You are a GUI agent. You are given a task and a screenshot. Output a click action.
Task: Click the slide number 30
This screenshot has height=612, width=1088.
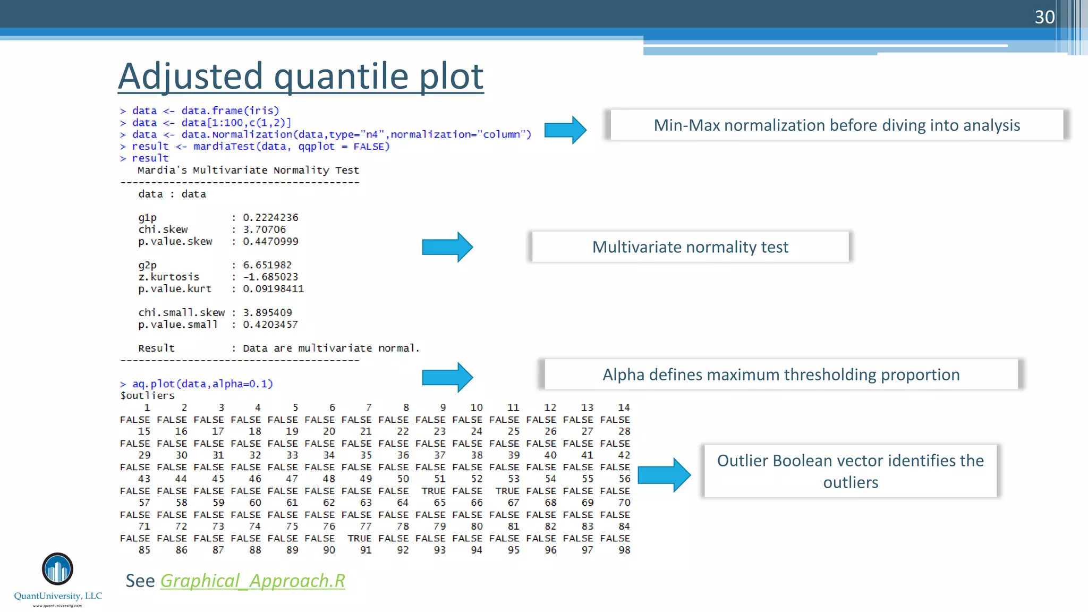point(1044,17)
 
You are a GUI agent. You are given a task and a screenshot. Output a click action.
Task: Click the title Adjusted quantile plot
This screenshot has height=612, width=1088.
point(301,76)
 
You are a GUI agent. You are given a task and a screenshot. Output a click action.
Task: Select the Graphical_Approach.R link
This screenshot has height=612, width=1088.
point(252,581)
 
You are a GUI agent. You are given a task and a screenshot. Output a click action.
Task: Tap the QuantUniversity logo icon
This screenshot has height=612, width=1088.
point(57,569)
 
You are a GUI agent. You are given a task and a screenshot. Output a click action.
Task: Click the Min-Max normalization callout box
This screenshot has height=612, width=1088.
point(836,125)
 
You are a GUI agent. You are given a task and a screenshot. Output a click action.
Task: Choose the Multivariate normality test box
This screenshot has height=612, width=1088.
point(690,247)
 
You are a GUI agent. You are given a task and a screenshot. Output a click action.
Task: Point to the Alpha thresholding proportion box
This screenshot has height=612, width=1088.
point(781,375)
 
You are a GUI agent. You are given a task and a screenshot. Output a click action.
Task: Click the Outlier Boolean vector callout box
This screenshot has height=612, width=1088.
point(850,471)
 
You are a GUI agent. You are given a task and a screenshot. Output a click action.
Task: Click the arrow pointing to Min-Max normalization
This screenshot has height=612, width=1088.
point(565,130)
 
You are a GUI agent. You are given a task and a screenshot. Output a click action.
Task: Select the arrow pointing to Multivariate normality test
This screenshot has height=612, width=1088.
point(447,247)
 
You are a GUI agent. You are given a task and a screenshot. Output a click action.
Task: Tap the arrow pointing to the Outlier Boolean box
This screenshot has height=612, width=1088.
point(664,474)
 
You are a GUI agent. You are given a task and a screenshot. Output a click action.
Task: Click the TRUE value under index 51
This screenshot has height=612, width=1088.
point(433,491)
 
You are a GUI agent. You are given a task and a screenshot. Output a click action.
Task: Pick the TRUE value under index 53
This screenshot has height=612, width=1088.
point(507,491)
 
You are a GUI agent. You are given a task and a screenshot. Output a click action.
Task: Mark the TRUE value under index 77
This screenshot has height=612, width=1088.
point(360,538)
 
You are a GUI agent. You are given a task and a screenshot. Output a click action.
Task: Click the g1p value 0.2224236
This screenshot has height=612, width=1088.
point(270,217)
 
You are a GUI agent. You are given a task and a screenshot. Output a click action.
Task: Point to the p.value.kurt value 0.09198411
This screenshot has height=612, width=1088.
point(273,289)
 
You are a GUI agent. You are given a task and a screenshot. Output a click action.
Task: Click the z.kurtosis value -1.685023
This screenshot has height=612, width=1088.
point(270,277)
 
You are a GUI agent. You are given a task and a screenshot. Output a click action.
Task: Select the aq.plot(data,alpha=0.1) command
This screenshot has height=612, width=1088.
point(202,384)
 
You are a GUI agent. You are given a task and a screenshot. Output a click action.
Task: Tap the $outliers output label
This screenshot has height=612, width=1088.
point(147,396)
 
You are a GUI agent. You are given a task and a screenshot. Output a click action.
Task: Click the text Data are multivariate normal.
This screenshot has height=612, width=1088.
point(331,348)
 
